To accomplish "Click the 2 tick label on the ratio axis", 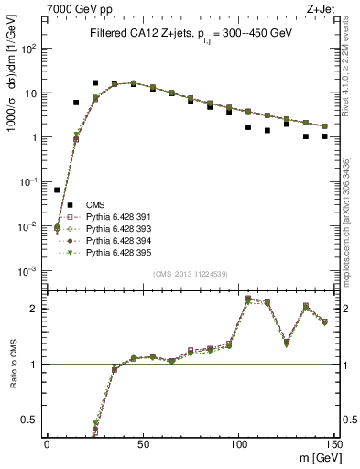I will (37, 309).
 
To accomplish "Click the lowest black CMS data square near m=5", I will (57, 190).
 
